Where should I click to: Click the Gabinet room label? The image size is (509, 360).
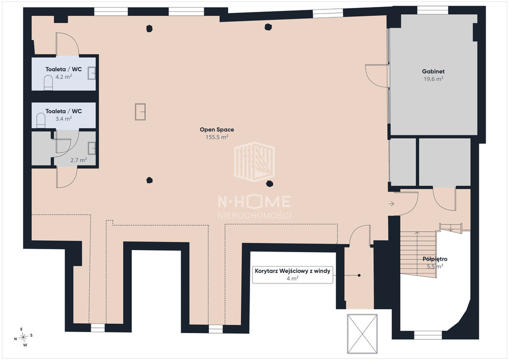click(x=433, y=72)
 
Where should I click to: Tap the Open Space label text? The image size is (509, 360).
click(x=217, y=129)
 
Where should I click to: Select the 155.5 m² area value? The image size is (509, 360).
click(x=217, y=137)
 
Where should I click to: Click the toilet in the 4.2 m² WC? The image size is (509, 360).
click(x=48, y=83)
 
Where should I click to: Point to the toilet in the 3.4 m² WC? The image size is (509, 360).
click(x=41, y=120)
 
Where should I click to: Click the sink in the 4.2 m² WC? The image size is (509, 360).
click(x=91, y=74)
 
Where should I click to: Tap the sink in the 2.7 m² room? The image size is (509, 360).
click(x=91, y=148)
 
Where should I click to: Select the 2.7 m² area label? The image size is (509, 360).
click(x=79, y=160)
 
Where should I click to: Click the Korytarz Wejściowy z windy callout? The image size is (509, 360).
click(x=292, y=274)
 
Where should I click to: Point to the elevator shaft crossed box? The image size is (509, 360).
click(x=362, y=334)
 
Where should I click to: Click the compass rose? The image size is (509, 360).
click(x=23, y=337)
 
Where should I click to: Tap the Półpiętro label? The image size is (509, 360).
click(x=435, y=259)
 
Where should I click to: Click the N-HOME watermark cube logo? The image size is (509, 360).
click(x=254, y=162)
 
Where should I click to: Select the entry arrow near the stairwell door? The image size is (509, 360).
click(x=392, y=204)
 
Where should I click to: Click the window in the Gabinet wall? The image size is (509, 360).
click(x=432, y=10)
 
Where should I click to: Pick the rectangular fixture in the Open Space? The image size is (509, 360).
click(x=140, y=112)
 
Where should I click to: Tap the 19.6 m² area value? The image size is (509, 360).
click(x=433, y=79)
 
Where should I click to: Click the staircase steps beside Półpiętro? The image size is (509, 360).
click(x=419, y=254)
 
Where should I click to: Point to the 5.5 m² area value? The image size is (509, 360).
click(x=435, y=267)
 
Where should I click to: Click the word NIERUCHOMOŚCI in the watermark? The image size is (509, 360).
click(x=254, y=215)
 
